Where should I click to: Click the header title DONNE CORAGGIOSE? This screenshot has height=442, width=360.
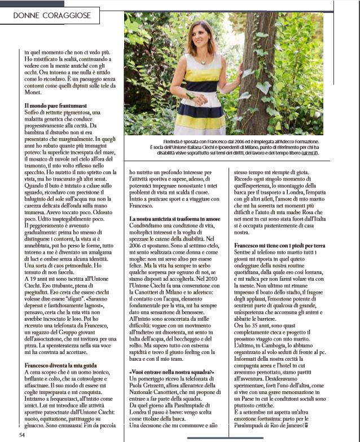(52, 17)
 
